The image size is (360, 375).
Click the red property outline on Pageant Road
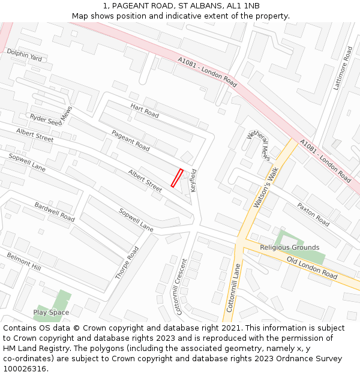pyautogui.click(x=177, y=178)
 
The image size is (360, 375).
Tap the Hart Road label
pyautogui.click(x=145, y=110)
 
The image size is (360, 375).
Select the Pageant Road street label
pyautogui.click(x=130, y=140)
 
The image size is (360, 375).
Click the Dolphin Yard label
pyautogui.click(x=25, y=55)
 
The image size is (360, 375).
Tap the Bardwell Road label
pyautogui.click(x=54, y=212)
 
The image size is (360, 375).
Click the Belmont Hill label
pyautogui.click(x=24, y=261)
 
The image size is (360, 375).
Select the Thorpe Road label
pyautogui.click(x=127, y=262)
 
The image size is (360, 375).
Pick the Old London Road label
pyautogui.click(x=311, y=267)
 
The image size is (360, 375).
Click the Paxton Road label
pyautogui.click(x=313, y=214)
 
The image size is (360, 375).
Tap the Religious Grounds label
pyautogui.click(x=289, y=247)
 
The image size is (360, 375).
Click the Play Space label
pyautogui.click(x=51, y=313)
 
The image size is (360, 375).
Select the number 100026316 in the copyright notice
pyautogui.click(x=24, y=368)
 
